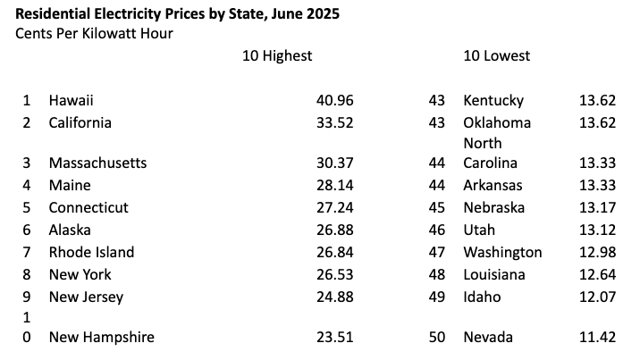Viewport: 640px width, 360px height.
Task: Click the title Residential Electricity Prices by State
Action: coord(178,14)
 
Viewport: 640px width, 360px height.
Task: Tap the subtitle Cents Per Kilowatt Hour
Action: coord(94,33)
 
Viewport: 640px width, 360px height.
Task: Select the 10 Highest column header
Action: coord(277,55)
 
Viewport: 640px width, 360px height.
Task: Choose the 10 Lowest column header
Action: coord(496,55)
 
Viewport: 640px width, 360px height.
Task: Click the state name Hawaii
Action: coord(72,100)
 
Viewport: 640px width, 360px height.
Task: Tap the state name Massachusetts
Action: coord(97,163)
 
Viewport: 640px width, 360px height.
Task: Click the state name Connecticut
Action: coord(88,207)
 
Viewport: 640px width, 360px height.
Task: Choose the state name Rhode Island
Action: coord(91,252)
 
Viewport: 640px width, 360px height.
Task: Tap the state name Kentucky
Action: coord(493,100)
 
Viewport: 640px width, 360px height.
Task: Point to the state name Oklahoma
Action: coord(497,122)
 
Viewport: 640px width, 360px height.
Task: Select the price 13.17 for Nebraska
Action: coord(597,207)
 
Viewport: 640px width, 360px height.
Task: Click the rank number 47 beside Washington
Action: coord(437,252)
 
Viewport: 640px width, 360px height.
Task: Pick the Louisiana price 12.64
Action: coord(597,274)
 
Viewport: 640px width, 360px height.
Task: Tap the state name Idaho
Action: coord(482,297)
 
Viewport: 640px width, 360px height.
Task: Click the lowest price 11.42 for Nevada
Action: coord(597,337)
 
